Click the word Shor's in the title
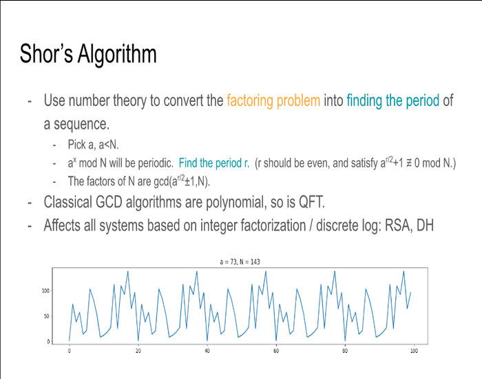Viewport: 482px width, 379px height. point(46,54)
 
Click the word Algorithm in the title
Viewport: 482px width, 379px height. point(117,54)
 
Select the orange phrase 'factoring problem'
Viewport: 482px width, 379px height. point(273,101)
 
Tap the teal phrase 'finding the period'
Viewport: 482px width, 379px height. point(393,101)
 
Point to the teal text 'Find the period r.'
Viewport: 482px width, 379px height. point(214,163)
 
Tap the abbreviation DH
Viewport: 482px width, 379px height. point(425,225)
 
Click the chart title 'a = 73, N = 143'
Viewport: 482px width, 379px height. point(240,262)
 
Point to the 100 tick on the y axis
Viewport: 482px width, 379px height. point(45,291)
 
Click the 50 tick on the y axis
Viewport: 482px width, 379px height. point(46,316)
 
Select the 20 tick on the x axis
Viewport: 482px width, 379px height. point(138,351)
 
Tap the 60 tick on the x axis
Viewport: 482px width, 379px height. point(276,351)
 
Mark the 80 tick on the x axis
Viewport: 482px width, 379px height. point(345,351)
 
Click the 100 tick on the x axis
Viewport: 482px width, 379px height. point(414,351)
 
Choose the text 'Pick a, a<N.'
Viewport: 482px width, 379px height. point(93,145)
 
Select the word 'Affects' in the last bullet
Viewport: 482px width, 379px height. point(62,225)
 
